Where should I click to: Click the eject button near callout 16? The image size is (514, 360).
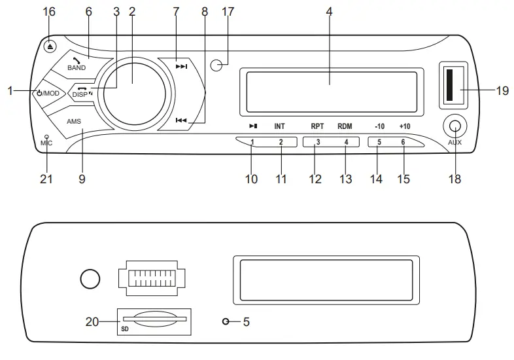[x=51, y=46]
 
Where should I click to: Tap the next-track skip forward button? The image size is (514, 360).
[x=181, y=67]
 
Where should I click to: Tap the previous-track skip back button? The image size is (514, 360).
[x=181, y=120]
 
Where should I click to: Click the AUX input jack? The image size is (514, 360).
[x=455, y=126]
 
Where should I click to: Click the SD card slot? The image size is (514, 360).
[x=154, y=319]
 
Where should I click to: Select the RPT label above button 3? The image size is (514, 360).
[x=318, y=125]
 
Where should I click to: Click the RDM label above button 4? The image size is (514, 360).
[x=345, y=125]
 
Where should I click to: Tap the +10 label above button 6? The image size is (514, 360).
[x=405, y=125]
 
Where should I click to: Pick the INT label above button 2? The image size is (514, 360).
[x=280, y=125]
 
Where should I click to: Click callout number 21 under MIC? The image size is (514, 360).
[x=46, y=178]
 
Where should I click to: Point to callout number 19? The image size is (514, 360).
[x=502, y=91]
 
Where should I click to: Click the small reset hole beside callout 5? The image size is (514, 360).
[x=226, y=322]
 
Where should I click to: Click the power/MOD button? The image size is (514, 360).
[x=49, y=93]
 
